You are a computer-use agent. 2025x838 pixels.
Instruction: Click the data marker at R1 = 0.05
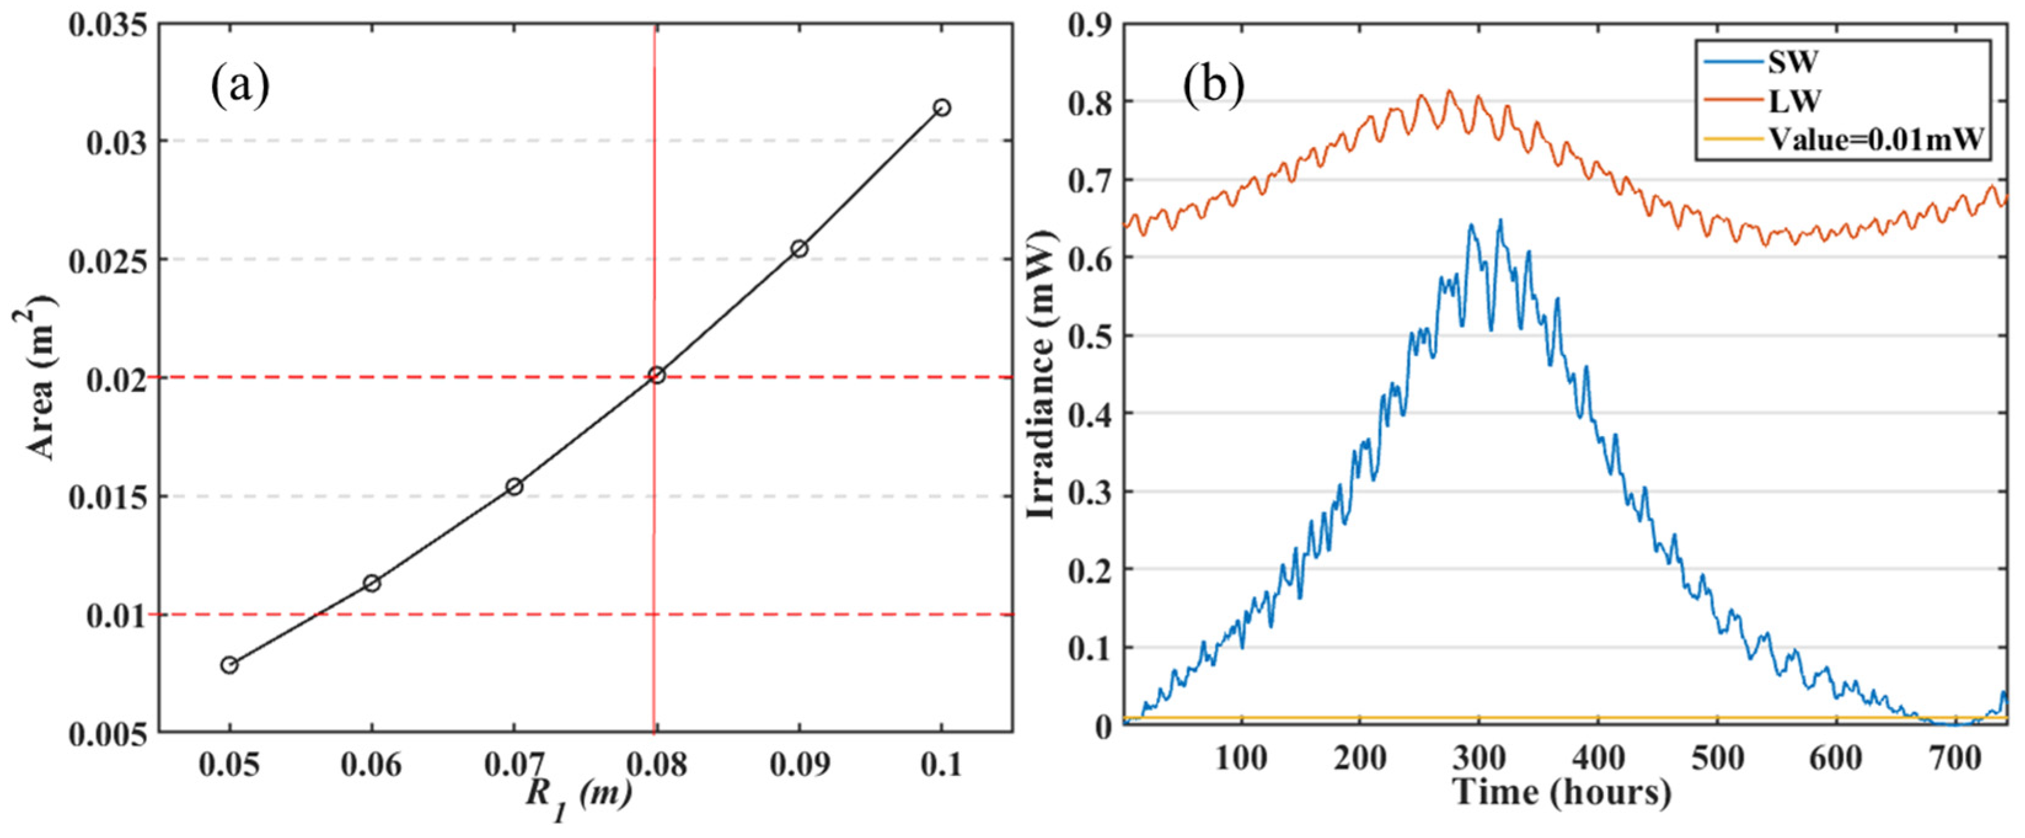pos(229,665)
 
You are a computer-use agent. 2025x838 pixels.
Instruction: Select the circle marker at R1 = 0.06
pos(372,583)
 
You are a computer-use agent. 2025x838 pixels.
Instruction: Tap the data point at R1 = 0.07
pos(514,487)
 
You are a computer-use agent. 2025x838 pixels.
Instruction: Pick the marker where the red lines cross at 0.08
pos(656,376)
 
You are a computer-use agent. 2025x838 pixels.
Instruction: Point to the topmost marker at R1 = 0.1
pos(942,108)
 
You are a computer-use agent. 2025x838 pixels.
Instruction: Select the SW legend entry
pos(1792,61)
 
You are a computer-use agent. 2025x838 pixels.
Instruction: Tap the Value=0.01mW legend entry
pos(1875,140)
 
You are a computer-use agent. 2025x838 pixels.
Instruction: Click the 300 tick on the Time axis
pos(1479,759)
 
